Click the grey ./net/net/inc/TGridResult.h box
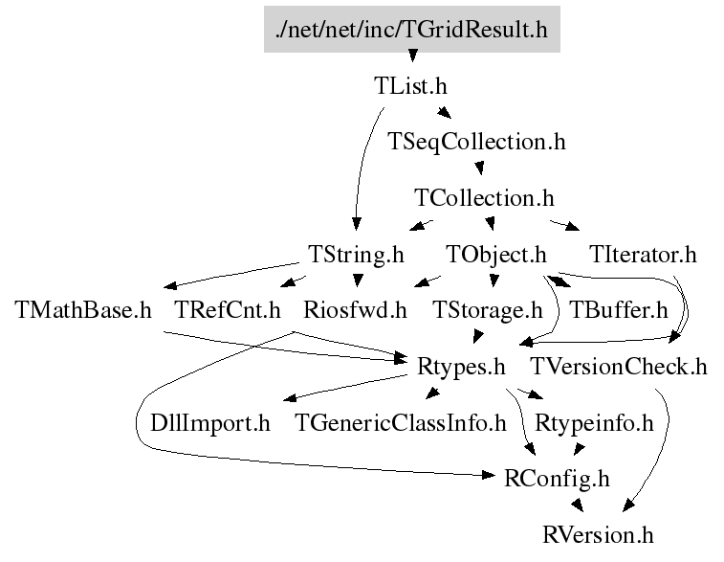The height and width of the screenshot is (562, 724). (411, 30)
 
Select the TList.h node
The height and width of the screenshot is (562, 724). (410, 85)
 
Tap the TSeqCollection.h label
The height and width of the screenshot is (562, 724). (476, 142)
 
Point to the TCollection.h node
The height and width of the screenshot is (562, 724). (484, 198)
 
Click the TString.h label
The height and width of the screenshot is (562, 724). (356, 255)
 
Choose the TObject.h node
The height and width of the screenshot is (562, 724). (496, 255)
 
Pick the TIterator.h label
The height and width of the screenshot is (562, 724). (643, 255)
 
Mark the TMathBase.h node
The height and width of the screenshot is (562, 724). (84, 310)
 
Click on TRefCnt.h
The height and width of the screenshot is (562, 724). (228, 310)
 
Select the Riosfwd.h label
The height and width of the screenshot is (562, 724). (354, 310)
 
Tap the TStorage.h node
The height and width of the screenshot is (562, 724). (488, 310)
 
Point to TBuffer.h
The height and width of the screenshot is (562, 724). (618, 310)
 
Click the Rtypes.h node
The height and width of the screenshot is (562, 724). (461, 366)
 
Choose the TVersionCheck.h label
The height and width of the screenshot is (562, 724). (618, 366)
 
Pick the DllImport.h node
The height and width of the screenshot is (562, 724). (210, 422)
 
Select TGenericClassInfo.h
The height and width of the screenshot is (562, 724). (401, 422)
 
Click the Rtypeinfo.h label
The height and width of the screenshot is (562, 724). (594, 422)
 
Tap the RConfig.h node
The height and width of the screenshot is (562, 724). (557, 478)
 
